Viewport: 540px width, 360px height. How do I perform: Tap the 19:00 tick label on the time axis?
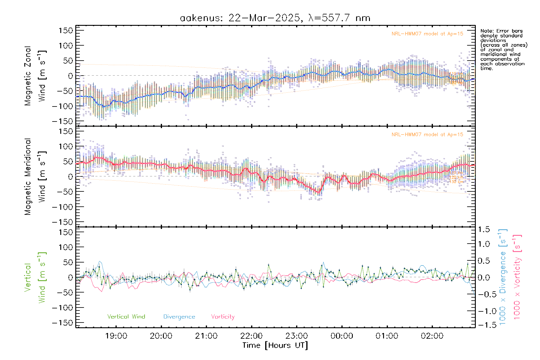click(116, 336)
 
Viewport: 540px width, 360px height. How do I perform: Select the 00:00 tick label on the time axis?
click(342, 336)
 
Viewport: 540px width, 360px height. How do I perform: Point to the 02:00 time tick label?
click(432, 336)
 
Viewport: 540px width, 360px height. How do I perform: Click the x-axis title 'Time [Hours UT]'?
click(275, 345)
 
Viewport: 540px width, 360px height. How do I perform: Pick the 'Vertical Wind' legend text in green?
click(126, 317)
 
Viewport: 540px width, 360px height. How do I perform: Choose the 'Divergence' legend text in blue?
click(179, 317)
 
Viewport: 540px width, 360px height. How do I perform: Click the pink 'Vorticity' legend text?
click(223, 317)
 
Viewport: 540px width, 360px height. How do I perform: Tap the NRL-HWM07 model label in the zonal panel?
click(427, 34)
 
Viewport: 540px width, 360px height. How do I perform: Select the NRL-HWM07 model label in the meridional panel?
click(427, 135)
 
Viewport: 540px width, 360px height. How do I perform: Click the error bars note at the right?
click(503, 49)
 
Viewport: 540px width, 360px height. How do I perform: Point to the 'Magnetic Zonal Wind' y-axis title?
click(35, 76)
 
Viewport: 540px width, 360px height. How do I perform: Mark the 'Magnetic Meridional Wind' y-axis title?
click(35, 176)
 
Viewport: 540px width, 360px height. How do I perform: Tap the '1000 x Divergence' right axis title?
click(503, 277)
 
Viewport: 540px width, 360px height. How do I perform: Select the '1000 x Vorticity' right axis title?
click(517, 277)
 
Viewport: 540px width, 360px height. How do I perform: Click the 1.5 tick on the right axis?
click(484, 229)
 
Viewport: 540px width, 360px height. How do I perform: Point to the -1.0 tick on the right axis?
click(484, 311)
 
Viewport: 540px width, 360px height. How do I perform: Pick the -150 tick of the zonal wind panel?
click(62, 121)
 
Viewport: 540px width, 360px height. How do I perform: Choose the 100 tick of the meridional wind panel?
click(66, 146)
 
